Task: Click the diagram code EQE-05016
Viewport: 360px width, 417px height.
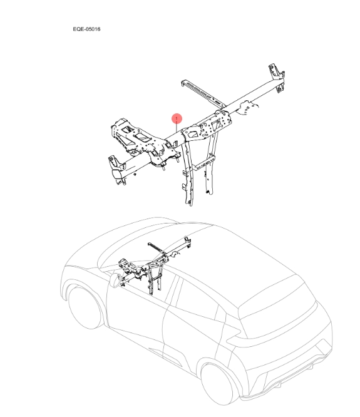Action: point(86,29)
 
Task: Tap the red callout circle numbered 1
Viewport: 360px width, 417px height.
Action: point(177,118)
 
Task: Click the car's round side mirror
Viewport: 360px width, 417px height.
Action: point(115,281)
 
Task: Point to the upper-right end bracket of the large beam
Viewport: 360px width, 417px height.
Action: point(277,77)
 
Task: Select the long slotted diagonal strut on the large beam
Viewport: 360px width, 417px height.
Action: point(203,93)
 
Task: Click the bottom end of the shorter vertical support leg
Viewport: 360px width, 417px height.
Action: point(210,192)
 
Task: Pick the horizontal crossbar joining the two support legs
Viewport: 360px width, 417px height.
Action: point(203,163)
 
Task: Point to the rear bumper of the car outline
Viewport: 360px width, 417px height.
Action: point(287,378)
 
